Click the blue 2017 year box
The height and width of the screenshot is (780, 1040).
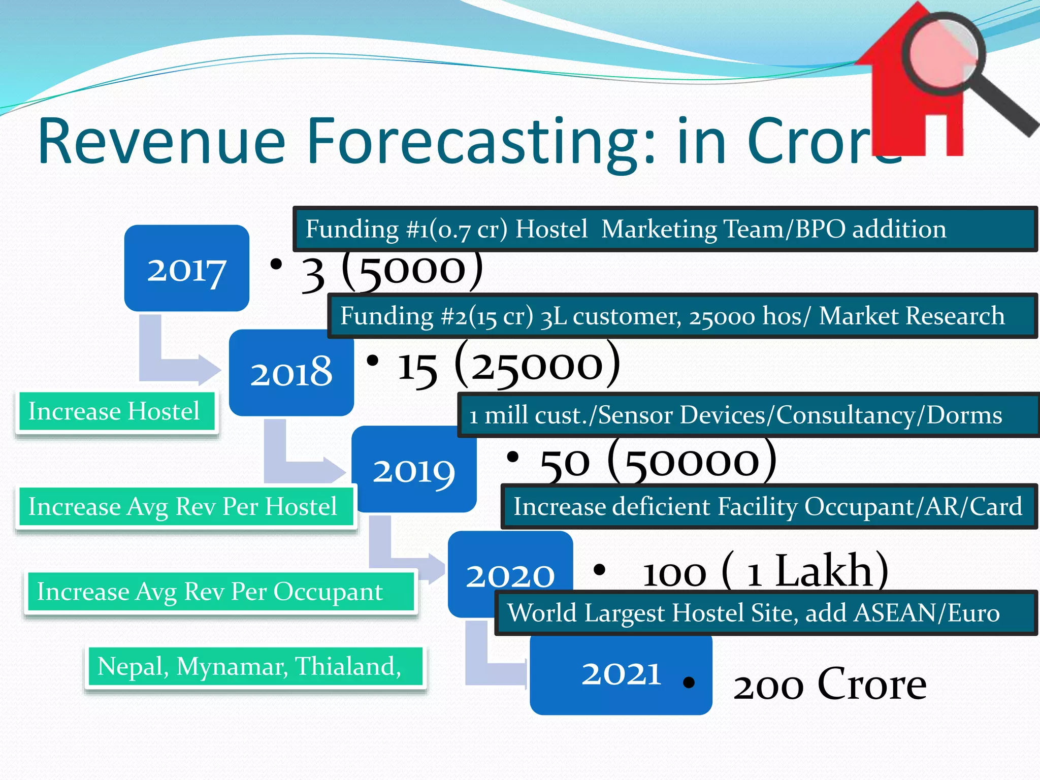(x=186, y=268)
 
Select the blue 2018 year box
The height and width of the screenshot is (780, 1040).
(x=291, y=372)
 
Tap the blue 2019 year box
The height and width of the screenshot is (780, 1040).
(x=414, y=470)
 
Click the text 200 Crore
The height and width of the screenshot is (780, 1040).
(x=829, y=685)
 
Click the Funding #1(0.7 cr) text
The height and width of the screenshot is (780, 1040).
(x=406, y=229)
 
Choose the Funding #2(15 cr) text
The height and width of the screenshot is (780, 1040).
(x=437, y=316)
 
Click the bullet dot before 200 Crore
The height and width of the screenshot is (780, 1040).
(x=689, y=682)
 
